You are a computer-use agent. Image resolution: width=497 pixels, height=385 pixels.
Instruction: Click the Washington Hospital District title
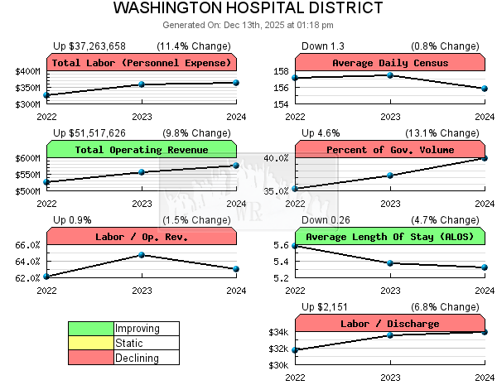248,9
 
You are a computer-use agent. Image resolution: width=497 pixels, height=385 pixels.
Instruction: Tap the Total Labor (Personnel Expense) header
142,63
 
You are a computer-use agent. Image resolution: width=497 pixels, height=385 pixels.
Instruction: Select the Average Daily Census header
389,63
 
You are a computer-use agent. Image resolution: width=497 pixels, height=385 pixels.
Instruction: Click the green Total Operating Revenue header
142,150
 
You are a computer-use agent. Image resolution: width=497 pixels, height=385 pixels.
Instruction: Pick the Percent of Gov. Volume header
389,150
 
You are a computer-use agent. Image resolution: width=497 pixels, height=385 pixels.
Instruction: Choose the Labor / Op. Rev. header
142,237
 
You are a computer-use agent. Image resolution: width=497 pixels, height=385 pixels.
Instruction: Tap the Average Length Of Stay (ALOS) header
389,237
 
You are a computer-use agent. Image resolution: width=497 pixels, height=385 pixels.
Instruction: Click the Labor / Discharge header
389,324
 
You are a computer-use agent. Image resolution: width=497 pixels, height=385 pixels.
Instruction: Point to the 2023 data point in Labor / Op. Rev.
142,255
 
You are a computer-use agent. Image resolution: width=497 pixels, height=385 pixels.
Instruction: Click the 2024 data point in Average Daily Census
485,89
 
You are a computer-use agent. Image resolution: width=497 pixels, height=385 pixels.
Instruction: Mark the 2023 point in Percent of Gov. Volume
389,175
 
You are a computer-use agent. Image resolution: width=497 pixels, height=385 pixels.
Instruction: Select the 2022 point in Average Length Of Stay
296,246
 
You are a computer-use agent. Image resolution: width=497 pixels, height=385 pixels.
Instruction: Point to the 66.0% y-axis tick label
27,245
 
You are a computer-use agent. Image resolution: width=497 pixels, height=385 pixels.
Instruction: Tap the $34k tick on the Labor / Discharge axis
277,332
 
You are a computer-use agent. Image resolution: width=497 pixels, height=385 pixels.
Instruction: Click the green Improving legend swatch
90,329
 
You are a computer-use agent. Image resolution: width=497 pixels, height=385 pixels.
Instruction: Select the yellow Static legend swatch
90,343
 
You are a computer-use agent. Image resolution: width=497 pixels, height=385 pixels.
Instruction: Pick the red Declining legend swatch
90,358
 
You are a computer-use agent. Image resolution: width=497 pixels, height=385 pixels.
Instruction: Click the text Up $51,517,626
89,132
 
